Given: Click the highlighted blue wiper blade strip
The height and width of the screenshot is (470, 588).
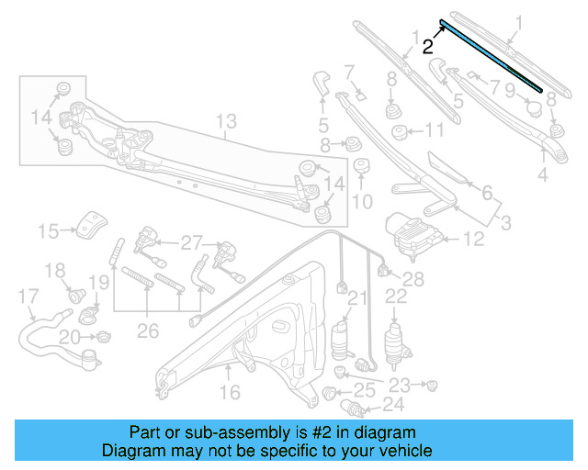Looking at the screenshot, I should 491,54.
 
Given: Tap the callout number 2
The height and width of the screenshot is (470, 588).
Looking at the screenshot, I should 428,46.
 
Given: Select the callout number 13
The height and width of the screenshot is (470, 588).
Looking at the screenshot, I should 226,121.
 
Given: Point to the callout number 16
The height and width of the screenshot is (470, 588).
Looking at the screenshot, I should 229,392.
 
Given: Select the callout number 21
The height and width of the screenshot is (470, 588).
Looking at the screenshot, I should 356,297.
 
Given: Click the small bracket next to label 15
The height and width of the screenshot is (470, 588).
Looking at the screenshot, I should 91,223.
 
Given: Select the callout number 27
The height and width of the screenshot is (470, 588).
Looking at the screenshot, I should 190,243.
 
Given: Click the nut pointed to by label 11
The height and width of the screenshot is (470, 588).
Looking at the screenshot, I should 401,132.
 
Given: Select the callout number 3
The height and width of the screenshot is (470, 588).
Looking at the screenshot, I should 504,222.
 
